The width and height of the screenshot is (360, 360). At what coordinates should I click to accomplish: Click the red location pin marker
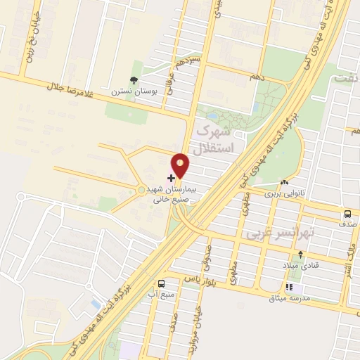(181, 165)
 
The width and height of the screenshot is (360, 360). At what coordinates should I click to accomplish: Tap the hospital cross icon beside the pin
(171, 179)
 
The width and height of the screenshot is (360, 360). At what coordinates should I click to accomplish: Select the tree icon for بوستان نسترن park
(134, 80)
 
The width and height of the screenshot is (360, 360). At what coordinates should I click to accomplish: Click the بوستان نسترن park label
(131, 91)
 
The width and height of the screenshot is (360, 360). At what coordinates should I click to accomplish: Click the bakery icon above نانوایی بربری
(284, 182)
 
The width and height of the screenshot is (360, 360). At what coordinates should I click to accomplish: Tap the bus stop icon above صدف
(347, 214)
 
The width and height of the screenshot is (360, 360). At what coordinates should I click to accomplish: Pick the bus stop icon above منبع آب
(162, 283)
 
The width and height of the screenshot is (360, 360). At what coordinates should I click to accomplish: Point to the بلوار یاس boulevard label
(199, 280)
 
